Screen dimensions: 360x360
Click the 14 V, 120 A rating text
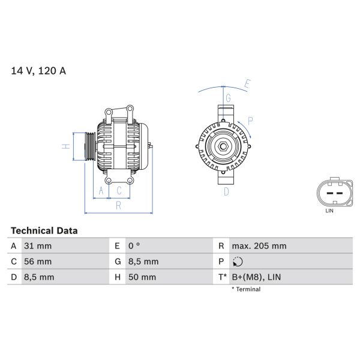pyautogui.click(x=38, y=71)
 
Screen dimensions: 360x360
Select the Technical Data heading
pyautogui.click(x=44, y=230)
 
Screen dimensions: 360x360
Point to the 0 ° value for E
pyautogui.click(x=134, y=246)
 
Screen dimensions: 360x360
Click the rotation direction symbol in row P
pyautogui.click(x=238, y=262)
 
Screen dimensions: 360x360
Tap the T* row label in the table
pyautogui.click(x=223, y=277)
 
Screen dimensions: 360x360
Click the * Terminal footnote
pyautogui.click(x=246, y=289)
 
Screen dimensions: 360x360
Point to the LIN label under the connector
pyautogui.click(x=329, y=211)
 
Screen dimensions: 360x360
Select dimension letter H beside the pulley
pyautogui.click(x=67, y=146)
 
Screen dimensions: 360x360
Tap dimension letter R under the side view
pyautogui.click(x=119, y=206)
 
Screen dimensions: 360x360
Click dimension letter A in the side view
pyautogui.click(x=101, y=191)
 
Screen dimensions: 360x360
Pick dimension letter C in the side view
pyautogui.click(x=119, y=191)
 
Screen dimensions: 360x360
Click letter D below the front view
pyautogui.click(x=226, y=192)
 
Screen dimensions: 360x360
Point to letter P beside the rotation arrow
pyautogui.click(x=250, y=121)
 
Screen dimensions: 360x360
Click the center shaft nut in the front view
pyautogui.click(x=222, y=146)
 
